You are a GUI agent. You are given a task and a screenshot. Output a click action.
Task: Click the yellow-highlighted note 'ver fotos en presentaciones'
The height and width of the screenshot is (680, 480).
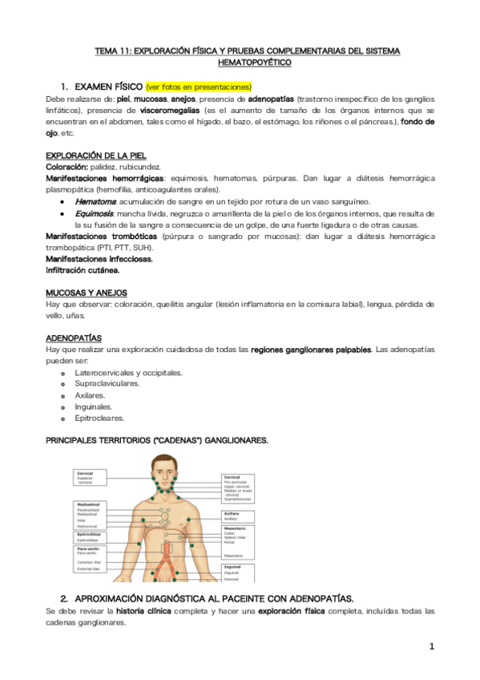pos(199,86)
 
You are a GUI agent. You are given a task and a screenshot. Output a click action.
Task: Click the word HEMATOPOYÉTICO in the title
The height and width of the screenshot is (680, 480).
pos(254,61)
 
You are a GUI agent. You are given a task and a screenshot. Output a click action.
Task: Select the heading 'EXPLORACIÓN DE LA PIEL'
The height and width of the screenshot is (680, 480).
pos(95,155)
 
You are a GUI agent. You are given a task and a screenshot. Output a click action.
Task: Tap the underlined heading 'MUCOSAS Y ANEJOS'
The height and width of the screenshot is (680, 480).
pos(86,293)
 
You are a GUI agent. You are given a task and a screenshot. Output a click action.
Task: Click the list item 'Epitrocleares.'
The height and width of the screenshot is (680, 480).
pos(99,418)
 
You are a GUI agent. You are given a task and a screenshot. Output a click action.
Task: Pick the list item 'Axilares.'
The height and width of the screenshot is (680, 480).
pos(90,395)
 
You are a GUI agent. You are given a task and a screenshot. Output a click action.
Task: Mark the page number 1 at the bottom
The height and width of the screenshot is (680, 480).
pos(431,646)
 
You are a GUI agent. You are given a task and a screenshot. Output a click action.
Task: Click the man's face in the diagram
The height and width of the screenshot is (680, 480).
pos(170,471)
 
